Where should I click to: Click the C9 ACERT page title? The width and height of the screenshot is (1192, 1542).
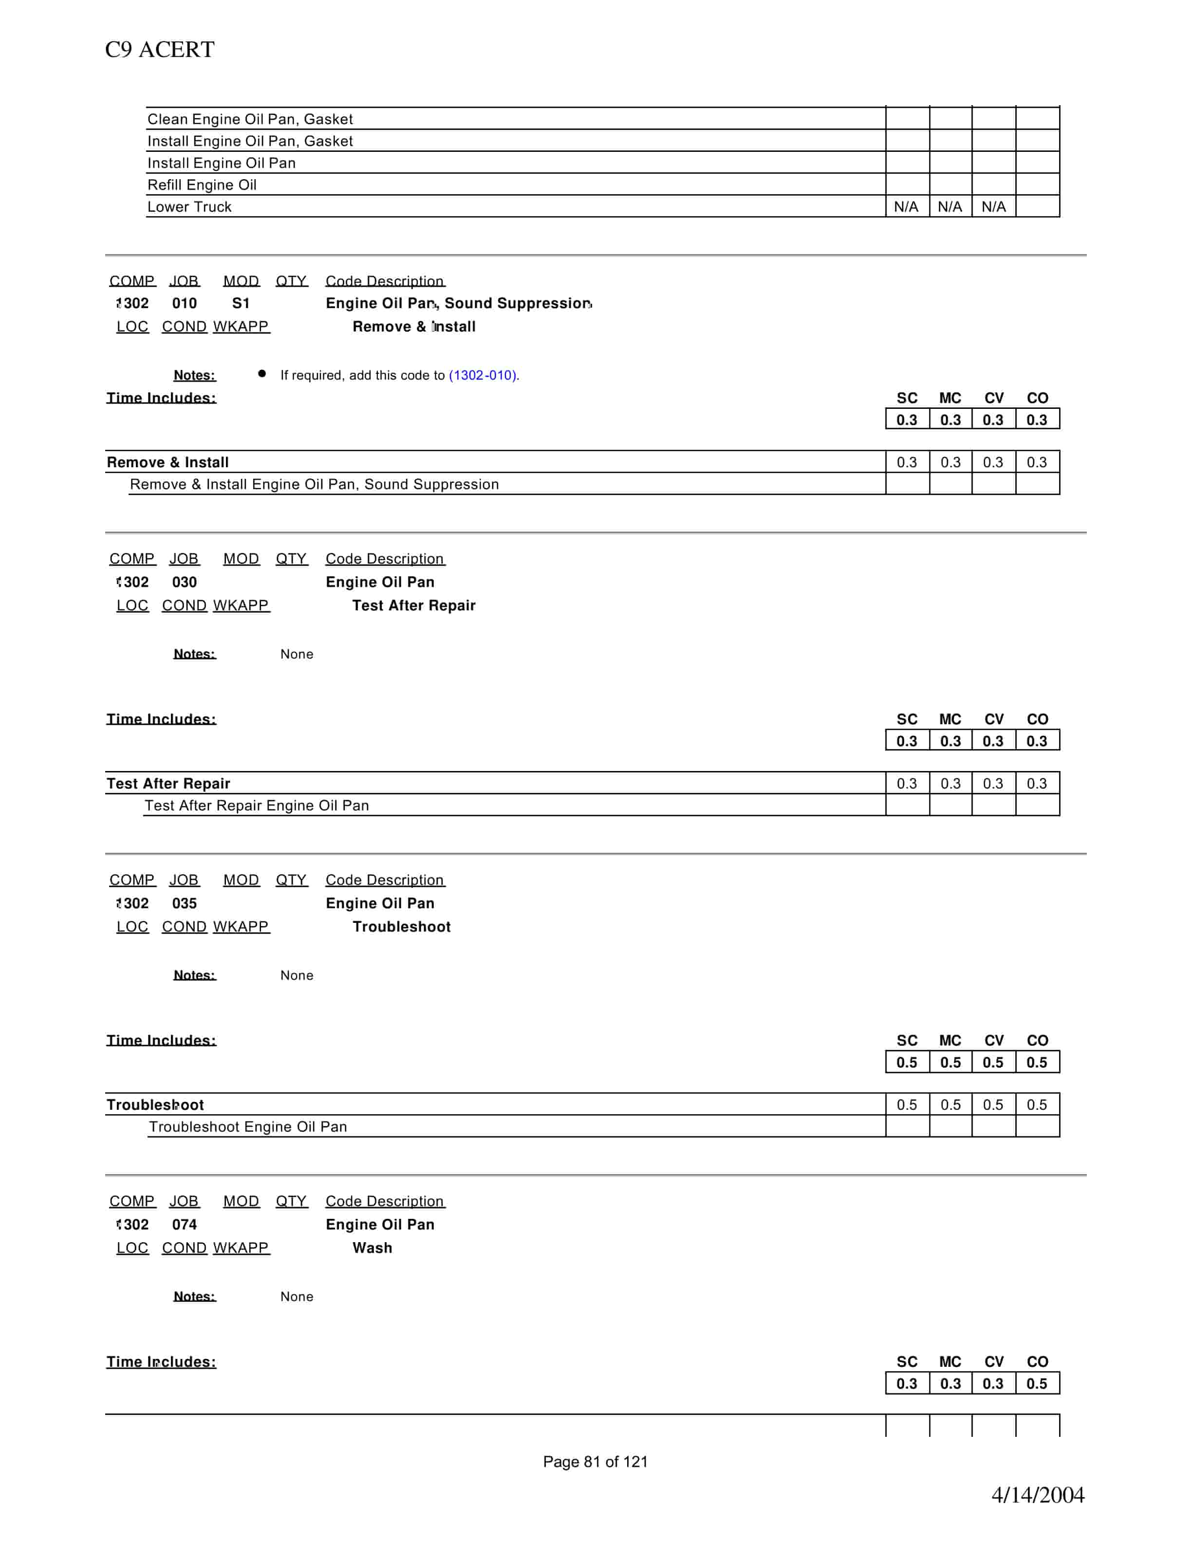(160, 50)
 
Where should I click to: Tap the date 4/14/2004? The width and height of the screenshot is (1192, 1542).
(1037, 1495)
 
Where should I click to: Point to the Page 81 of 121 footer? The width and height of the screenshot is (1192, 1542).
(596, 1462)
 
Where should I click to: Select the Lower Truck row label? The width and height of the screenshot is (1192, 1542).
(189, 207)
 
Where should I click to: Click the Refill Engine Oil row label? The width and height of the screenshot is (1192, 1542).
(202, 185)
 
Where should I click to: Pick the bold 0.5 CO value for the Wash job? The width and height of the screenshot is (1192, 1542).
(1037, 1384)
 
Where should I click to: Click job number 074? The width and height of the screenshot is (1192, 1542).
(185, 1224)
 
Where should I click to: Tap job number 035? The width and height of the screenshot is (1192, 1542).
(185, 903)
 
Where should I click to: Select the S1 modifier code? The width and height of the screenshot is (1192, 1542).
(241, 303)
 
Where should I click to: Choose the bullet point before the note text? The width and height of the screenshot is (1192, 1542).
(262, 374)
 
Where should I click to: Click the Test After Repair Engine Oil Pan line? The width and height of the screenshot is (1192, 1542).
(256, 806)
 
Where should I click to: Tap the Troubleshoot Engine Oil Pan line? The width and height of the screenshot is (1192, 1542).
(248, 1127)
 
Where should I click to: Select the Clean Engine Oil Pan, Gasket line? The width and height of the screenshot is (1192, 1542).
(250, 119)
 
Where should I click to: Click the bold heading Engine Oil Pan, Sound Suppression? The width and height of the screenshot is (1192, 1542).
(458, 303)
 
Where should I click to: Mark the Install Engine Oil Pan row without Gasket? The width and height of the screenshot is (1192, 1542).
(222, 163)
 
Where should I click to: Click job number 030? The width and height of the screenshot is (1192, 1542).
(185, 582)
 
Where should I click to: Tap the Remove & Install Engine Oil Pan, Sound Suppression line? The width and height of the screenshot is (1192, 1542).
(314, 484)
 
